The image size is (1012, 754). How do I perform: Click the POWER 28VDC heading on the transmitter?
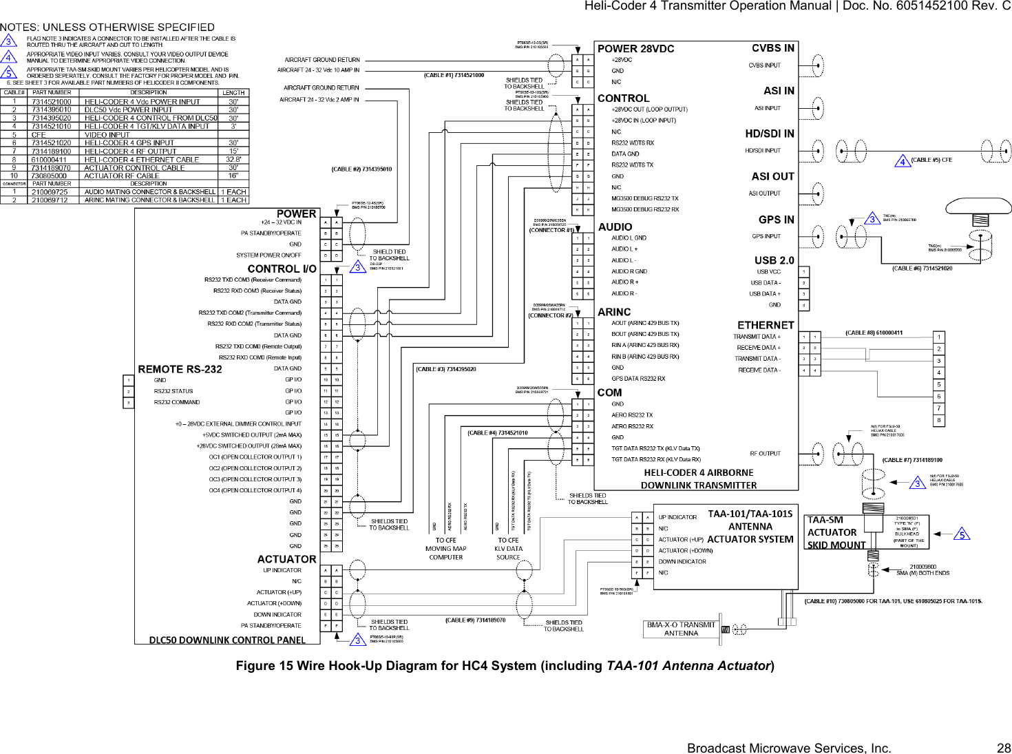(635, 49)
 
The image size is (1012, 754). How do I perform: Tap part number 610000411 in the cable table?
(49, 160)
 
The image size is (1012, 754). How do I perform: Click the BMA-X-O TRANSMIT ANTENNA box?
(681, 629)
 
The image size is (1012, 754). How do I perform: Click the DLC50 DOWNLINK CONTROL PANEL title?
(227, 640)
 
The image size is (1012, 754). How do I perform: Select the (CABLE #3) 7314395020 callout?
(445, 370)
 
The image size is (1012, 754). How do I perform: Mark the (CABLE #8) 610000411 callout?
(874, 333)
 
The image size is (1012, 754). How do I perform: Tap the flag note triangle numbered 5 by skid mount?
(962, 534)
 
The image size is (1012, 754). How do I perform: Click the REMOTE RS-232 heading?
(180, 370)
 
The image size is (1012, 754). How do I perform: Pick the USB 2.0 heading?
(774, 260)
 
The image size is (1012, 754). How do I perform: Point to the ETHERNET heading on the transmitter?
(766, 325)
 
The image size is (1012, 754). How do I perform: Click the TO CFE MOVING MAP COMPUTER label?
(445, 549)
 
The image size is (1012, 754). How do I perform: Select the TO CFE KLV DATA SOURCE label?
(509, 549)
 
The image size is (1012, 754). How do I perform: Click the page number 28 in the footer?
(1003, 748)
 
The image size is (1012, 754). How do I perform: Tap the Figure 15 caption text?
(505, 666)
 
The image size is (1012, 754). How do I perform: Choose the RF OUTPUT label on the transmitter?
(765, 454)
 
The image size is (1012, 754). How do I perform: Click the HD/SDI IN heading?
(769, 134)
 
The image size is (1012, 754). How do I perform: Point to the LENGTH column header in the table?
(233, 92)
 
